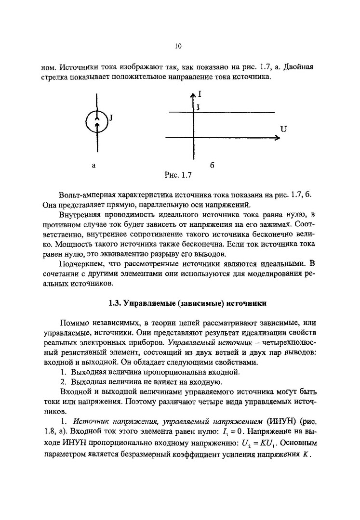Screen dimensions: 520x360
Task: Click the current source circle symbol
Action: (x=96, y=123)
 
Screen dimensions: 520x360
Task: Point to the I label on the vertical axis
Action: (x=200, y=95)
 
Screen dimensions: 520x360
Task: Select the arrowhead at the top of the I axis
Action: (x=193, y=96)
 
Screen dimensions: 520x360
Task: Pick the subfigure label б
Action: (x=212, y=165)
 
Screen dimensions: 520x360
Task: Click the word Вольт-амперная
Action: (x=86, y=194)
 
